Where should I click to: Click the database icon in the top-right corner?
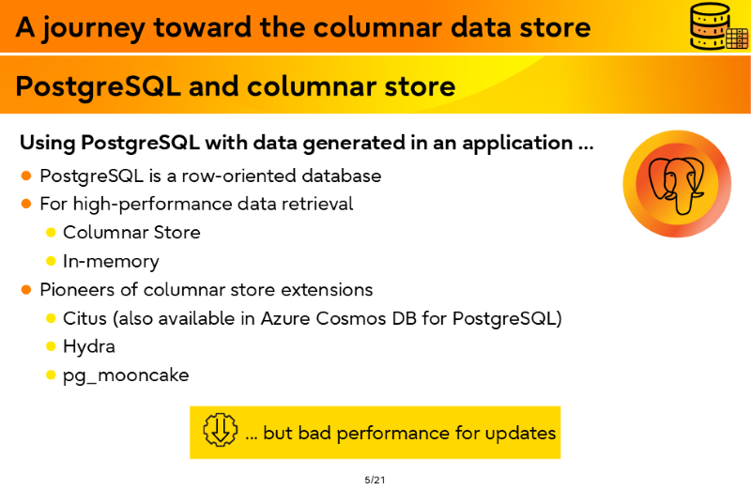pyautogui.click(x=719, y=26)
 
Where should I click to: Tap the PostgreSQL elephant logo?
pyautogui.click(x=677, y=184)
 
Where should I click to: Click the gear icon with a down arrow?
pyautogui.click(x=220, y=430)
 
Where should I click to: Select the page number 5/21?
pyautogui.click(x=375, y=480)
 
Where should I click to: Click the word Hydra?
pyautogui.click(x=89, y=346)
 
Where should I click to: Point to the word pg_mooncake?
pyautogui.click(x=126, y=375)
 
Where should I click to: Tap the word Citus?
pyautogui.click(x=84, y=318)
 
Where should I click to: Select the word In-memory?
pyautogui.click(x=111, y=262)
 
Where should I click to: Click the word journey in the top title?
pyautogui.click(x=93, y=28)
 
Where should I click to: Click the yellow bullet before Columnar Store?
pyautogui.click(x=51, y=233)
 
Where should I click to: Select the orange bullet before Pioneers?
pyautogui.click(x=26, y=290)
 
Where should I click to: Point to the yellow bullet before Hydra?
pyautogui.click(x=51, y=346)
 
